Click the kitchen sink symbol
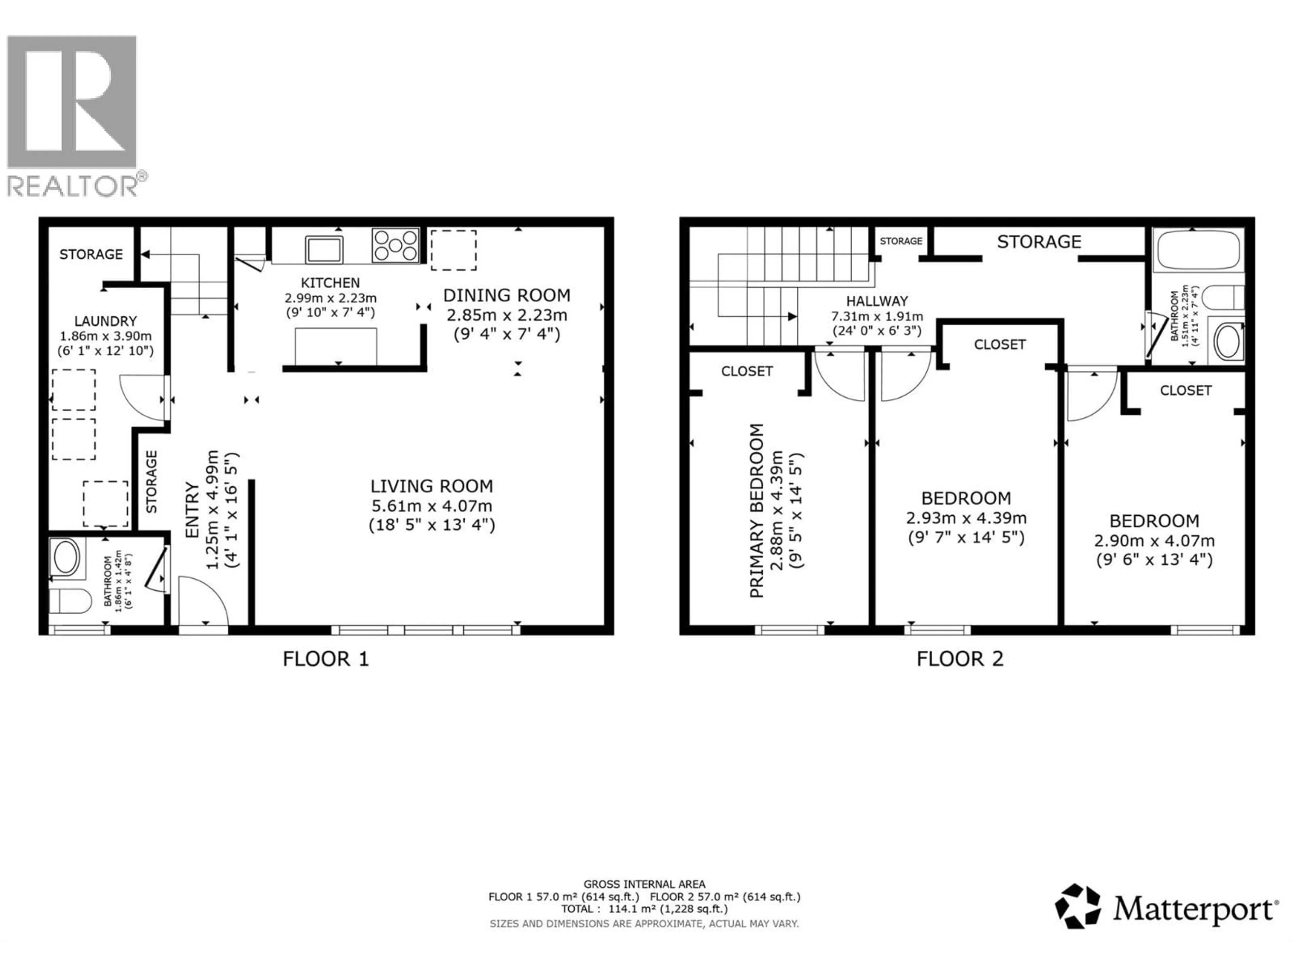[x=324, y=250]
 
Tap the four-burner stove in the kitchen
[x=396, y=245]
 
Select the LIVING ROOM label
[x=431, y=486]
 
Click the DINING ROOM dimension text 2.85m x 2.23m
[x=507, y=315]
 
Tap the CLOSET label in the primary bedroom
[x=747, y=371]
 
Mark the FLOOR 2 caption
[x=960, y=659]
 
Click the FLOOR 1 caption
[x=326, y=659]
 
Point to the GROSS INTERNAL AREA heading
[x=644, y=885]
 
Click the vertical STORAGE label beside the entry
[x=152, y=481]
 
